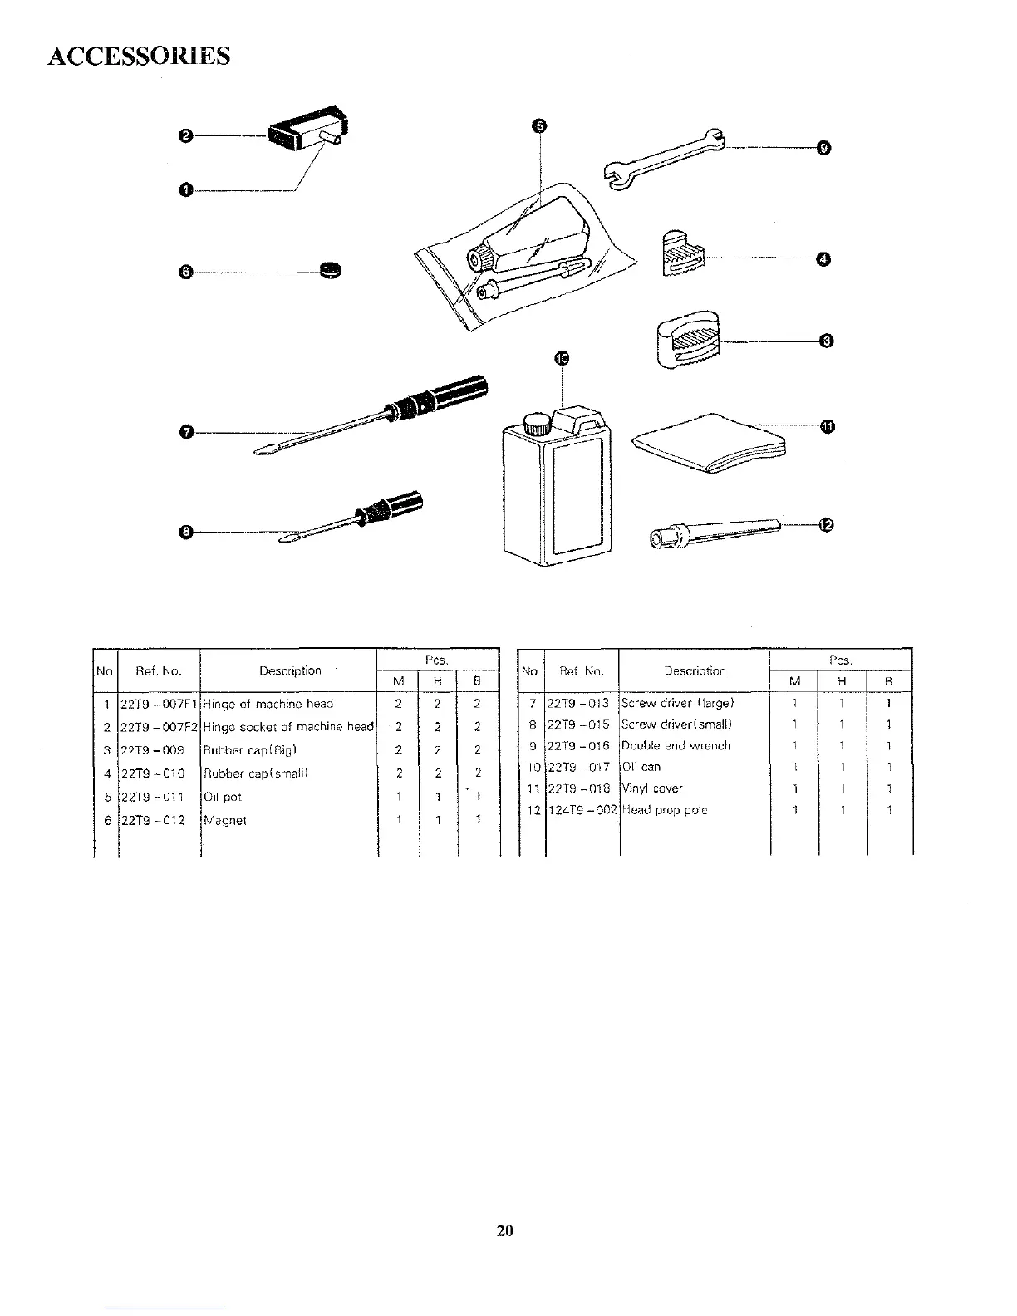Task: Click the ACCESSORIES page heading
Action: [x=139, y=56]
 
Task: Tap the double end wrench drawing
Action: [x=662, y=157]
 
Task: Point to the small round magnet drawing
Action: [x=332, y=268]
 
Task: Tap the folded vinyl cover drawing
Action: [x=710, y=444]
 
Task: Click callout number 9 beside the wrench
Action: [x=823, y=148]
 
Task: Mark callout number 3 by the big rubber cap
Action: [x=825, y=341]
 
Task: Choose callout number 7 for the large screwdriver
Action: [x=186, y=431]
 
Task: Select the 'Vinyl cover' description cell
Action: [x=652, y=788]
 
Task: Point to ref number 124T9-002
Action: [x=582, y=810]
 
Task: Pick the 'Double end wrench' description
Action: [x=676, y=745]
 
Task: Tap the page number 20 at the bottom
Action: [x=505, y=1230]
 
